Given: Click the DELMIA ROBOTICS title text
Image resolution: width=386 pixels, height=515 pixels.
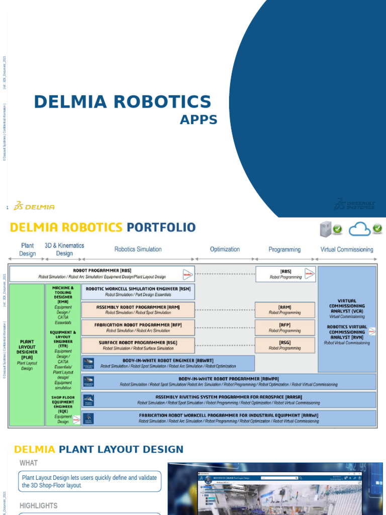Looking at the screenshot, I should point(122,102).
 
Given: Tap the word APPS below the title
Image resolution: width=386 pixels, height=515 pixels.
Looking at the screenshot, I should point(199,120).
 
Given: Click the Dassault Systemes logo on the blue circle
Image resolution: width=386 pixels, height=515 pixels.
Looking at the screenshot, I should point(355,204).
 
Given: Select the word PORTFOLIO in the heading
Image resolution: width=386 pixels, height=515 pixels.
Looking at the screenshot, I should point(161,227).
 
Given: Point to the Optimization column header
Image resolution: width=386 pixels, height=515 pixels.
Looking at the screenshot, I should point(225,249).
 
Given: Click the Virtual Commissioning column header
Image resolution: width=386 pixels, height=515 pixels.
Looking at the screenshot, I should point(347,249).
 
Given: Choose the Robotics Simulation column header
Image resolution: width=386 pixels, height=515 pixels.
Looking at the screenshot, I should point(138,249).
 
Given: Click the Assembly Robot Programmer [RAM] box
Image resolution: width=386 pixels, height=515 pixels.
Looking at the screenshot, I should point(138,309).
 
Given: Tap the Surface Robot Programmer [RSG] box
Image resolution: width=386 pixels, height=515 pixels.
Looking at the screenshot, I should point(138,345).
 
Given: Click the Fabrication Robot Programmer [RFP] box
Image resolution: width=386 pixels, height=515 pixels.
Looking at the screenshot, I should point(138,327).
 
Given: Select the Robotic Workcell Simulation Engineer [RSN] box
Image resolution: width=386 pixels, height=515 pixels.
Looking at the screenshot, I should point(138,292).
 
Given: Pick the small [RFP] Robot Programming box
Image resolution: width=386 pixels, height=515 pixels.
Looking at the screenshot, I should point(285,327).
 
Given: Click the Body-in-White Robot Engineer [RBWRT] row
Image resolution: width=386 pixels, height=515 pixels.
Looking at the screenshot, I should point(168,363).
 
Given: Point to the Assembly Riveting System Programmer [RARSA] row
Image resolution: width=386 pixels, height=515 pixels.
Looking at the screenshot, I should point(228,399).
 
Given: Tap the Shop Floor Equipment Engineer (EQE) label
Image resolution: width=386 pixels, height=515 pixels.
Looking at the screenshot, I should point(63,404).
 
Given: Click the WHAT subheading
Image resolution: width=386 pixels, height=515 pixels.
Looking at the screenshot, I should point(29,463).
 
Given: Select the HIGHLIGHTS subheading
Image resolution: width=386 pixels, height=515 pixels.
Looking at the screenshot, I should point(38,505).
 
